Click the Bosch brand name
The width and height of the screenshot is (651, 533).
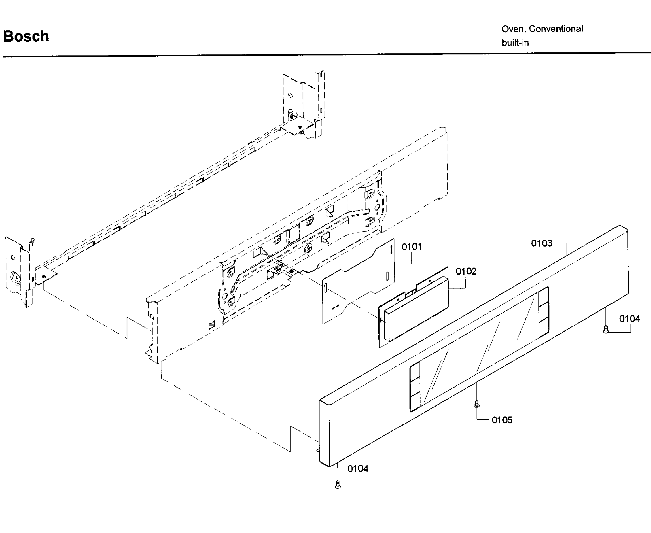click(26, 36)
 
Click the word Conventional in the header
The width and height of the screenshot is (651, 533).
click(556, 29)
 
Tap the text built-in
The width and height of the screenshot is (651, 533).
click(515, 43)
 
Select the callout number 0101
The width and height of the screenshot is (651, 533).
click(412, 247)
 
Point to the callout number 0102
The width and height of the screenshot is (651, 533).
click(466, 271)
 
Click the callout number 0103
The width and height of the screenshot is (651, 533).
click(542, 243)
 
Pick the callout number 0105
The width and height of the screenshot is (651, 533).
click(502, 420)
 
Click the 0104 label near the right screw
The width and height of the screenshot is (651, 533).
click(630, 319)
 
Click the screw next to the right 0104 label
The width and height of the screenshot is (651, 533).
click(606, 329)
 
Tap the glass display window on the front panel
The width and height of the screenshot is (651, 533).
click(480, 349)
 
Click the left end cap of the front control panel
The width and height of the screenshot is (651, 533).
click(325, 433)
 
